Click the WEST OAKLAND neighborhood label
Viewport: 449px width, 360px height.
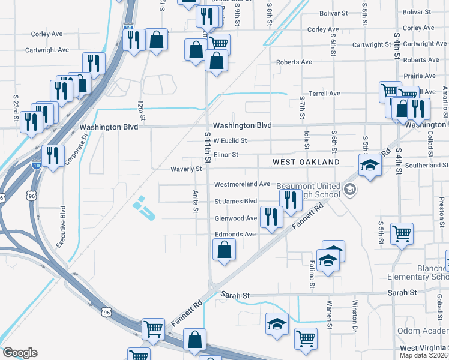306,162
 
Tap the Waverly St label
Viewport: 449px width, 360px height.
186,169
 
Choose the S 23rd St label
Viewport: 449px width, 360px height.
16,105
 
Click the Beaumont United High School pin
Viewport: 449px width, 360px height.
350,191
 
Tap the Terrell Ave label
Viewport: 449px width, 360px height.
324,94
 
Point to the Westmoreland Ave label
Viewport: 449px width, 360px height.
243,184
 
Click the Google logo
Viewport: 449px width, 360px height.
20,353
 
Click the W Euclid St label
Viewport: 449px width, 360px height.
230,141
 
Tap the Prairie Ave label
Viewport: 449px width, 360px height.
420,76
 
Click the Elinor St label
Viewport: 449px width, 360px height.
226,155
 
